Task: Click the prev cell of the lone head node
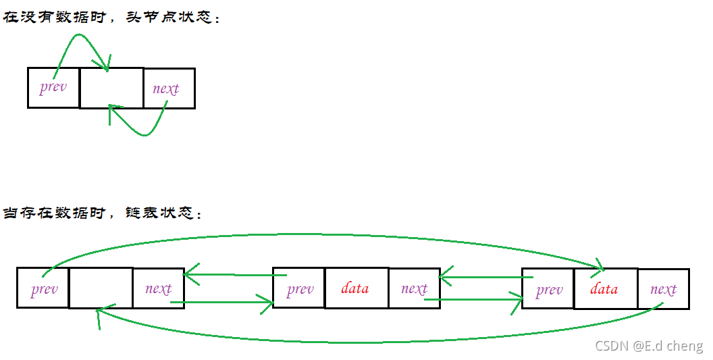[x=53, y=88]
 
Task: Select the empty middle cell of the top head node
[x=111, y=88]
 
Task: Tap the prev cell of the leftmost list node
[x=43, y=289]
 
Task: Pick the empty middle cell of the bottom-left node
[x=101, y=288]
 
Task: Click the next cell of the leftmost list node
[x=158, y=288]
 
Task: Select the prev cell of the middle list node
[x=299, y=289]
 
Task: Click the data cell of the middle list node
[x=356, y=288]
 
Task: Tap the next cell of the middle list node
[x=414, y=288]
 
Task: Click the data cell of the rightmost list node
[x=605, y=289]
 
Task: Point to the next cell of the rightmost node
[x=663, y=289]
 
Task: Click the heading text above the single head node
[x=112, y=18]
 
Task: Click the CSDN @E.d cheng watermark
[x=649, y=346]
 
